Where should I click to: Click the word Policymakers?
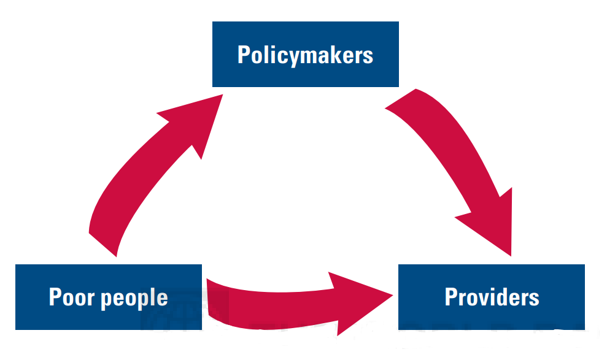(305, 55)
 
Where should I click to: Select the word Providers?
(492, 297)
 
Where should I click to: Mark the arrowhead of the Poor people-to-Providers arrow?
(359, 297)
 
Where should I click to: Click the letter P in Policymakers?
(244, 55)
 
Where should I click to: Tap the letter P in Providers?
(451, 297)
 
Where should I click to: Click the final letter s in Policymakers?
(368, 56)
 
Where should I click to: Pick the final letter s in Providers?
(535, 299)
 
